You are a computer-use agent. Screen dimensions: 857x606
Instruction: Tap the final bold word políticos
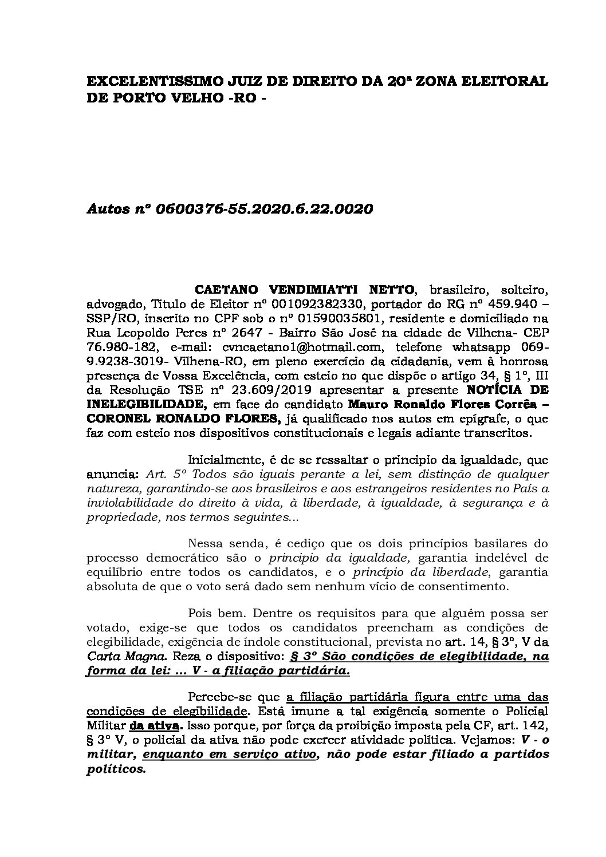(x=116, y=770)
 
